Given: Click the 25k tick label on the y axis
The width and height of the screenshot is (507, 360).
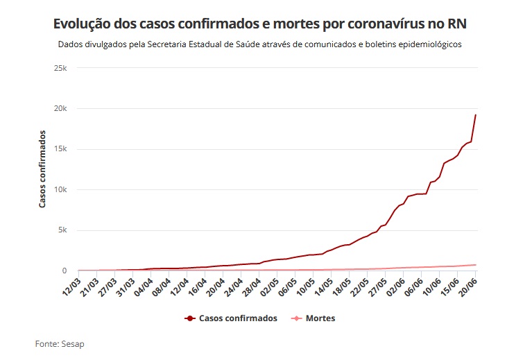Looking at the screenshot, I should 60,68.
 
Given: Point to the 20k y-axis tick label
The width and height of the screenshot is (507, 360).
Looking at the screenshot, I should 60,109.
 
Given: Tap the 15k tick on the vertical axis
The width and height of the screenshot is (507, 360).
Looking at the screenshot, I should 60,149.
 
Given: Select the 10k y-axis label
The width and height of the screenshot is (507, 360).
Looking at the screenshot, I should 60,190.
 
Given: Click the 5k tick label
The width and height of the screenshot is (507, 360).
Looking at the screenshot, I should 62,230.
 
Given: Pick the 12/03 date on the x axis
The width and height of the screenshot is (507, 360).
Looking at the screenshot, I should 71,286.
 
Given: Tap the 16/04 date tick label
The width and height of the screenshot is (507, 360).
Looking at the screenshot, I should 197,286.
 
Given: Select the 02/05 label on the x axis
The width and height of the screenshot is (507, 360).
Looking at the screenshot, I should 269,286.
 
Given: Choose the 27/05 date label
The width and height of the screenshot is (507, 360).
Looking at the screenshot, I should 378,286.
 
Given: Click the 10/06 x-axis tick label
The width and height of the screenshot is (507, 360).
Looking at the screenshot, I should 432,286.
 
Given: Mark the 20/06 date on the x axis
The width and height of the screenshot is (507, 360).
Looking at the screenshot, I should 467,286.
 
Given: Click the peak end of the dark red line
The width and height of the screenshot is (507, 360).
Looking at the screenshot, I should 475,115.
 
